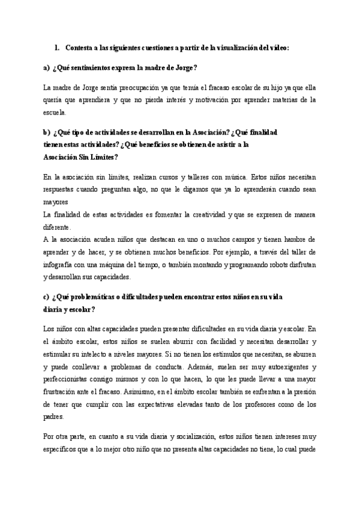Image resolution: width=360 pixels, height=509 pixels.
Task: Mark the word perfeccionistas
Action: (x=69, y=378)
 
